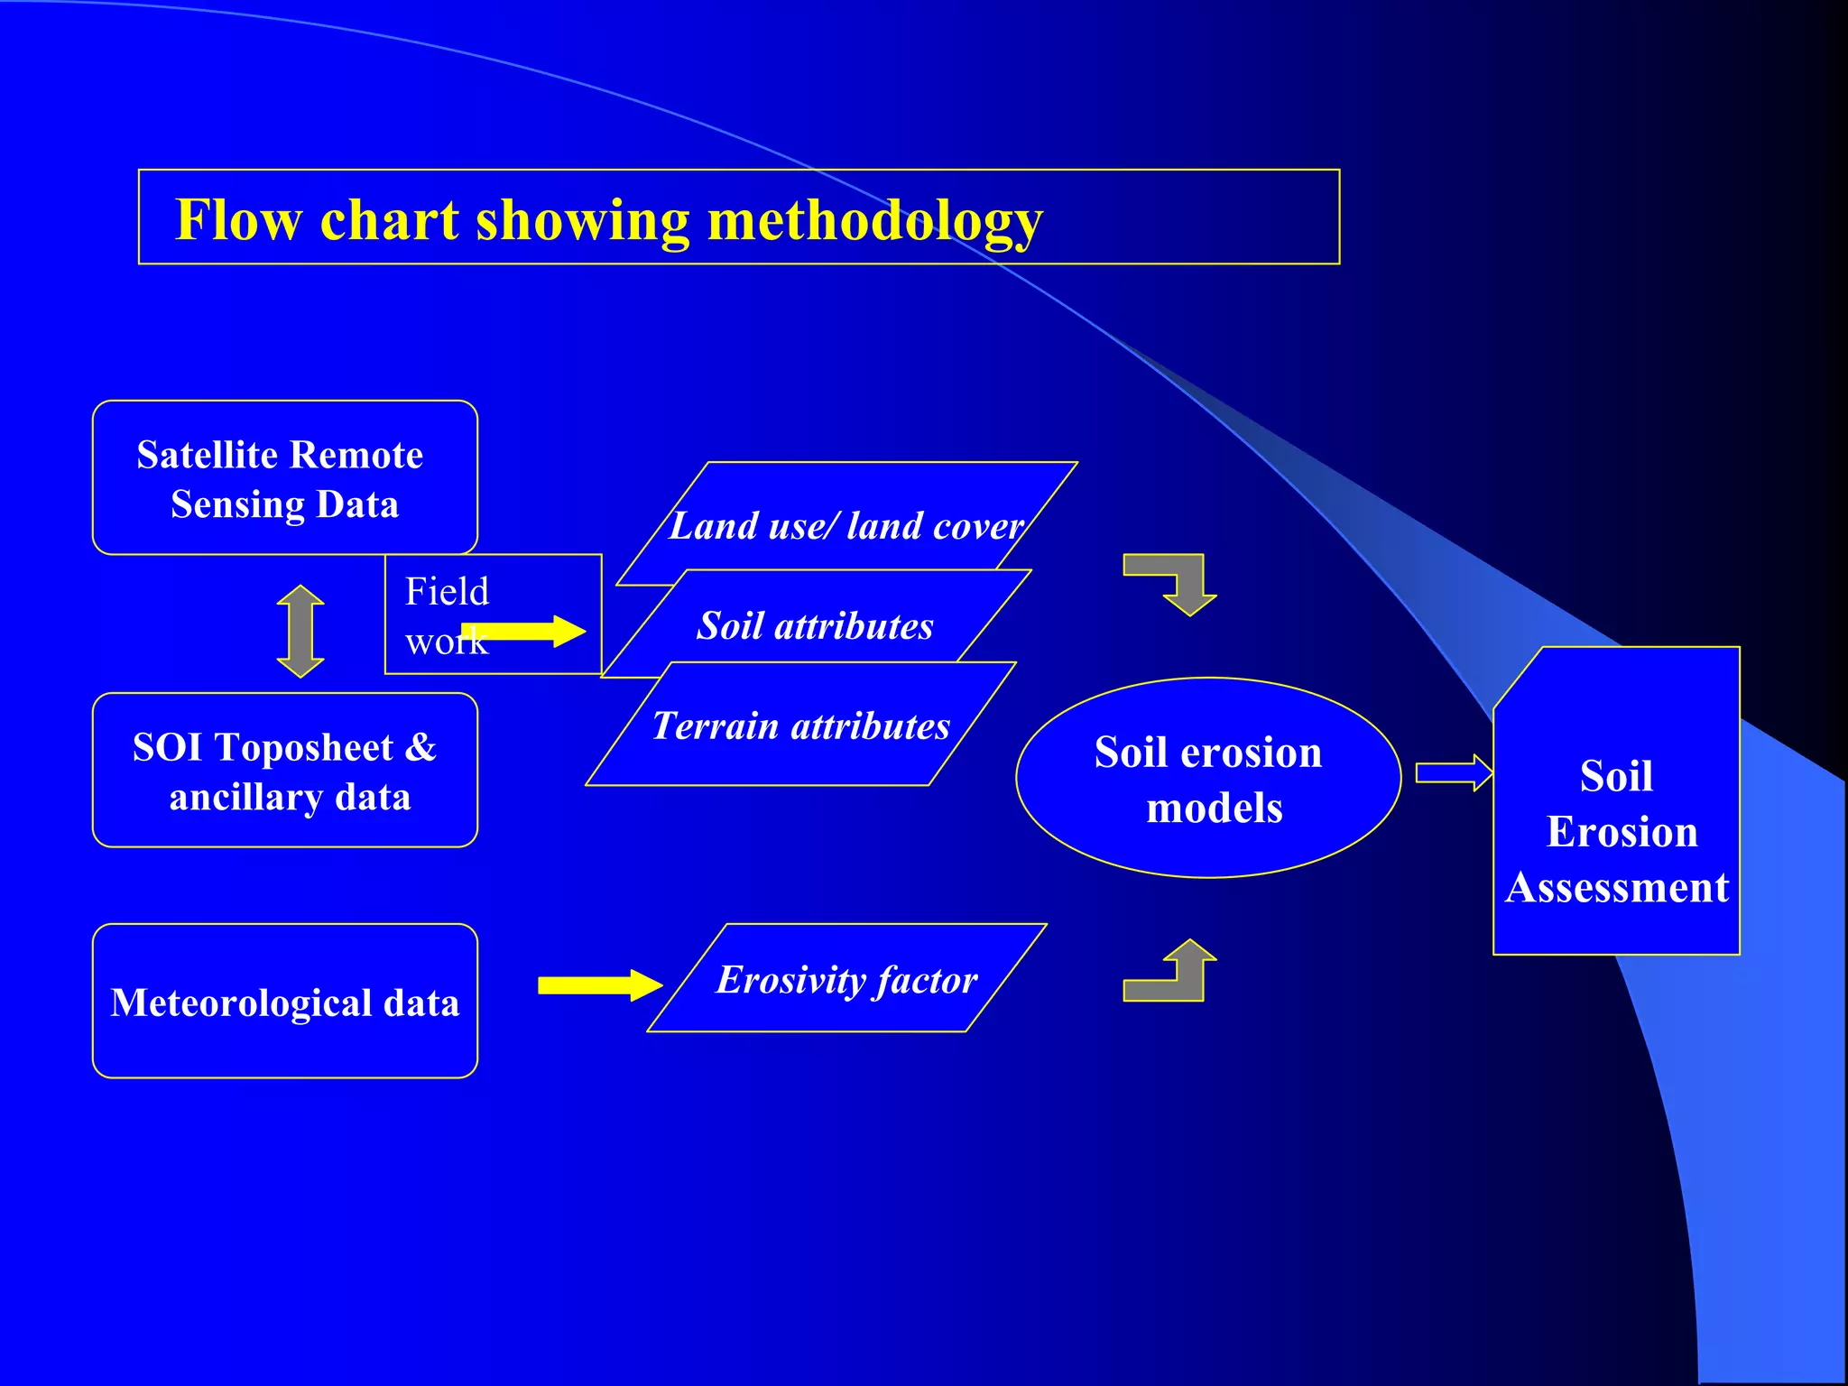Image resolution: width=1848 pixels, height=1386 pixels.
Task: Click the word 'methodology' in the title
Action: (x=874, y=221)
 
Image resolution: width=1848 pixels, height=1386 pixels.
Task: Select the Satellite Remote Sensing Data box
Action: (x=284, y=478)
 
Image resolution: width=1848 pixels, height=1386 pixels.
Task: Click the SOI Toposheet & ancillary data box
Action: (x=284, y=771)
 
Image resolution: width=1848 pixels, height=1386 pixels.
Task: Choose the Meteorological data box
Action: (x=284, y=1002)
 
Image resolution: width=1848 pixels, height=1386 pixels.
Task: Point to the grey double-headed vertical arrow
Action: (x=300, y=631)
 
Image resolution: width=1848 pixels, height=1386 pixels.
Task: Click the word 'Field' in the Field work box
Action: (x=447, y=592)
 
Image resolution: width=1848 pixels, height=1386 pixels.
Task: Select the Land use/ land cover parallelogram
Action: (x=846, y=525)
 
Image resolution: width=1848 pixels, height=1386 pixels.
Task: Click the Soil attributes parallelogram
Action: (x=815, y=625)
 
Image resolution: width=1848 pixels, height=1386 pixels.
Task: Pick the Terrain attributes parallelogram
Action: (x=800, y=725)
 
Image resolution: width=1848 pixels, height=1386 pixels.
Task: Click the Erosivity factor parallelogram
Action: (x=846, y=979)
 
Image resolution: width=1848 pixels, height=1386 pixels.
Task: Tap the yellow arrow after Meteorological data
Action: (x=600, y=985)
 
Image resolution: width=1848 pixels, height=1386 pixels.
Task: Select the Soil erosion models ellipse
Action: (x=1208, y=778)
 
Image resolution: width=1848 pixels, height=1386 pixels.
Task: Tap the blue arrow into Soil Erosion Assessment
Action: (x=1453, y=773)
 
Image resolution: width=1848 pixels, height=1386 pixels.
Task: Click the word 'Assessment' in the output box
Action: (x=1617, y=888)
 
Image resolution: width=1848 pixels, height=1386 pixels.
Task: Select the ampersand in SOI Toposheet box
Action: (x=420, y=747)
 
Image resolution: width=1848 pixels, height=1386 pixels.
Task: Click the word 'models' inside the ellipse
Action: (x=1214, y=808)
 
